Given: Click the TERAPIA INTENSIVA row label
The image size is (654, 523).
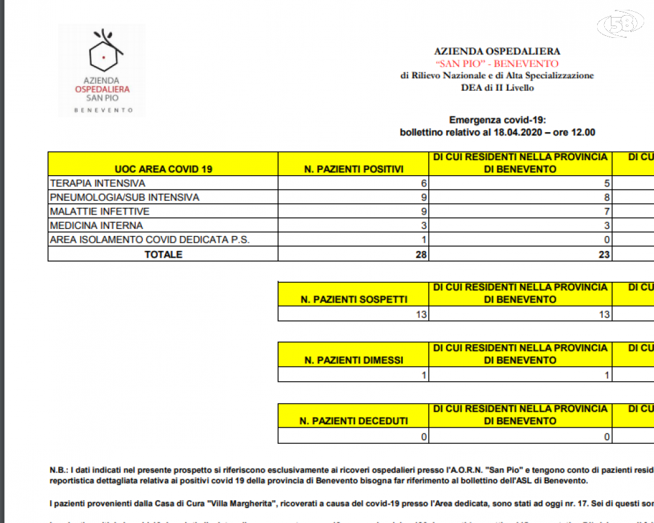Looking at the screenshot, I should click(x=97, y=183).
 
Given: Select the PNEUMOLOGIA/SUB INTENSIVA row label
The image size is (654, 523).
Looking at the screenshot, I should click(x=124, y=197).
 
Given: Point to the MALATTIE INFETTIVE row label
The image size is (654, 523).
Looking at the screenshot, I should click(x=99, y=211).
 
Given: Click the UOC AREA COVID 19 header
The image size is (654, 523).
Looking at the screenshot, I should click(x=163, y=169).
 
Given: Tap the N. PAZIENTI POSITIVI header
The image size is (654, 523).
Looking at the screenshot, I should click(x=354, y=169).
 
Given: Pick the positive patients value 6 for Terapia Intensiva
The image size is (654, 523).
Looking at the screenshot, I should click(x=424, y=183).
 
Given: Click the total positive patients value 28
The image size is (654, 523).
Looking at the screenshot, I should click(x=421, y=254).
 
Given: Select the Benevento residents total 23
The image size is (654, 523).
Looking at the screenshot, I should click(x=604, y=254).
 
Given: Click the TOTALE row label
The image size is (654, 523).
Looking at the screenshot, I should click(x=163, y=254).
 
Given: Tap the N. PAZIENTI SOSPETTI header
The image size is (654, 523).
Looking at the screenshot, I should click(x=354, y=299).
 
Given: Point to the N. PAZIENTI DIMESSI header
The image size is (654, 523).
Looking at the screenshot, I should click(x=354, y=360).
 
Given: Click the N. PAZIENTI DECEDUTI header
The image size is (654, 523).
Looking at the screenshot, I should click(x=354, y=421).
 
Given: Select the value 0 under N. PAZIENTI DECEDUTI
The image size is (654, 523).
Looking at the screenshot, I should click(x=424, y=437).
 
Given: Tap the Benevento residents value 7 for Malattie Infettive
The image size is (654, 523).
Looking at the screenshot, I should click(x=607, y=211).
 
